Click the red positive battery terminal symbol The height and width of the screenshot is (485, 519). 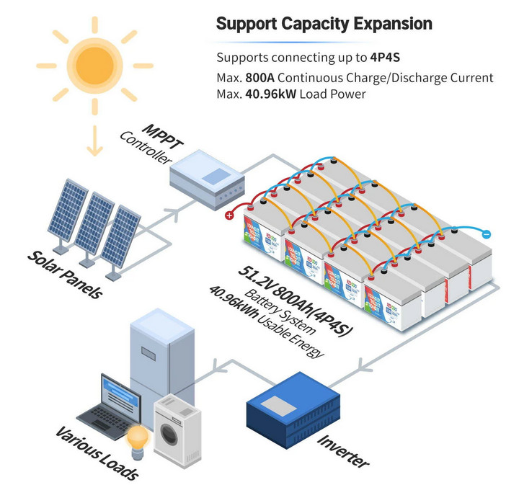pos(230,215)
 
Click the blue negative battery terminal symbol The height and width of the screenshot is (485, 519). pos(486,234)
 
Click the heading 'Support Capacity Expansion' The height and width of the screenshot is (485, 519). pos(324,23)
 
